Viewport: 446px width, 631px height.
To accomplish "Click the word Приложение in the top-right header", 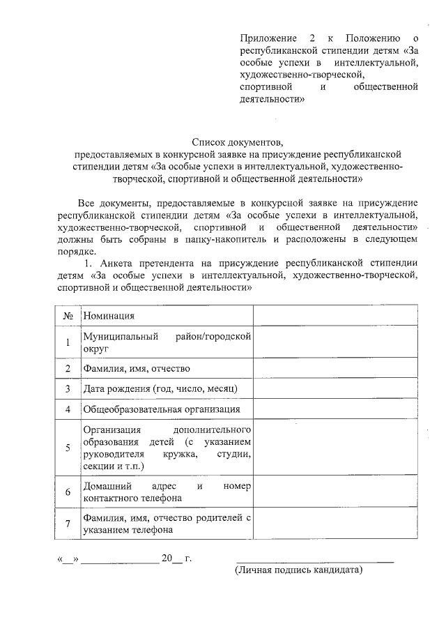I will pyautogui.click(x=264, y=37).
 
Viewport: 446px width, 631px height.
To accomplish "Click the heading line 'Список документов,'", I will pyautogui.click(x=239, y=140).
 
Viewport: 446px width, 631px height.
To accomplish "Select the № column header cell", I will pyautogui.click(x=68, y=315).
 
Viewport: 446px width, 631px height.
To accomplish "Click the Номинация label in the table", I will pyautogui.click(x=109, y=316).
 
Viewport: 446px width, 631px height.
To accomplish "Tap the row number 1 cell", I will pyautogui.click(x=68, y=342).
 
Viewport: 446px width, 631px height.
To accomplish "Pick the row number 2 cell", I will pyautogui.click(x=68, y=368).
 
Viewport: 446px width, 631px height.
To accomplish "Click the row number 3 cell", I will pyautogui.click(x=68, y=388).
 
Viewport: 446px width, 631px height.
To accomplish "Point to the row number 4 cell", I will pyautogui.click(x=68, y=409).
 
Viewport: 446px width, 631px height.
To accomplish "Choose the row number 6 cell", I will pyautogui.click(x=68, y=492).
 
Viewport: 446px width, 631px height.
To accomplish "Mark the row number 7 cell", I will pyautogui.click(x=68, y=524).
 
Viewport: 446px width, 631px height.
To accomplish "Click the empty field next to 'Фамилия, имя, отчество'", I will pyautogui.click(x=335, y=368).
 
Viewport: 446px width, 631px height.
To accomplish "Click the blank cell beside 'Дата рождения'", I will pyautogui.click(x=335, y=388).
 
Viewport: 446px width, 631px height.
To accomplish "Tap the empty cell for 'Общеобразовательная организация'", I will pyautogui.click(x=335, y=409).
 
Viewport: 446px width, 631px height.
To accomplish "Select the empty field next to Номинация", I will pyautogui.click(x=335, y=315).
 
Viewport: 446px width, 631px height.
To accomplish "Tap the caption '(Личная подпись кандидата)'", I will pyautogui.click(x=298, y=570).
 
